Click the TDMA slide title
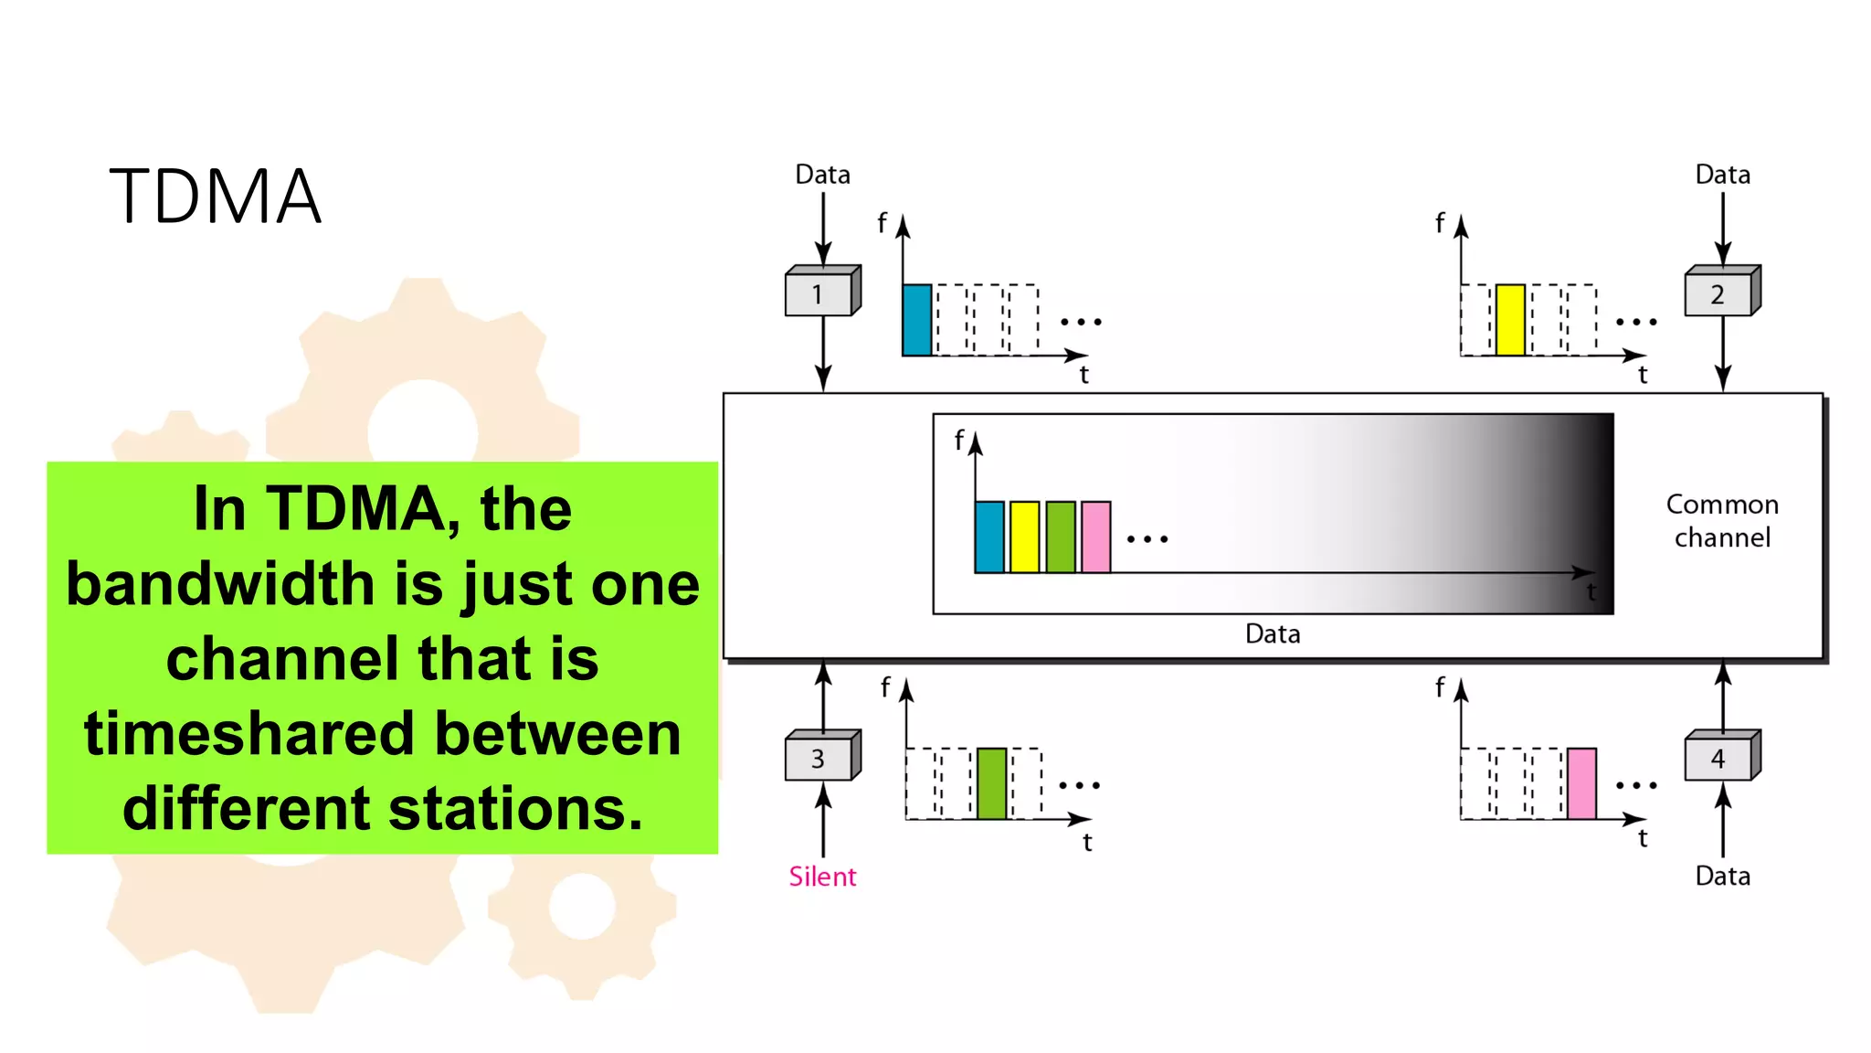216,197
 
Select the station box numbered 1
819,294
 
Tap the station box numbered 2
1718,294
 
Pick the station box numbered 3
819,758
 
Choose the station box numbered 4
1718,758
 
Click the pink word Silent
822,877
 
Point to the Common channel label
1722,521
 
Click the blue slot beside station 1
917,319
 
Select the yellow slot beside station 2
1510,319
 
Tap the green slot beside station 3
991,783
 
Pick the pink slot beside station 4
1581,783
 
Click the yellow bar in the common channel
1024,537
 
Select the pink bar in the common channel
1095,537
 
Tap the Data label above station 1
822,175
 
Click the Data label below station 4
1722,876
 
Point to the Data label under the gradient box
1273,633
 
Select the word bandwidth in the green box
220,584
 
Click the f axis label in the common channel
958,440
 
